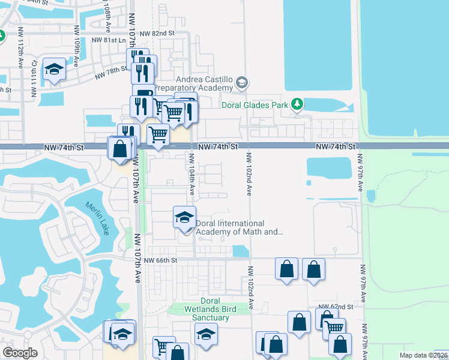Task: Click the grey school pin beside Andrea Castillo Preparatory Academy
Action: [x=241, y=82]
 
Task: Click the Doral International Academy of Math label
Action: [x=239, y=227]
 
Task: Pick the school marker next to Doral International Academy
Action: [x=184, y=217]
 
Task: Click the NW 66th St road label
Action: [x=161, y=260]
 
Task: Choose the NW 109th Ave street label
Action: [x=77, y=41]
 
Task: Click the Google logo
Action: [x=20, y=353]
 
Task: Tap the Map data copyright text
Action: [x=423, y=355]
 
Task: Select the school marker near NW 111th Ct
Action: [x=54, y=69]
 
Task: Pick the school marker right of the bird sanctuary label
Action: [x=206, y=334]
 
